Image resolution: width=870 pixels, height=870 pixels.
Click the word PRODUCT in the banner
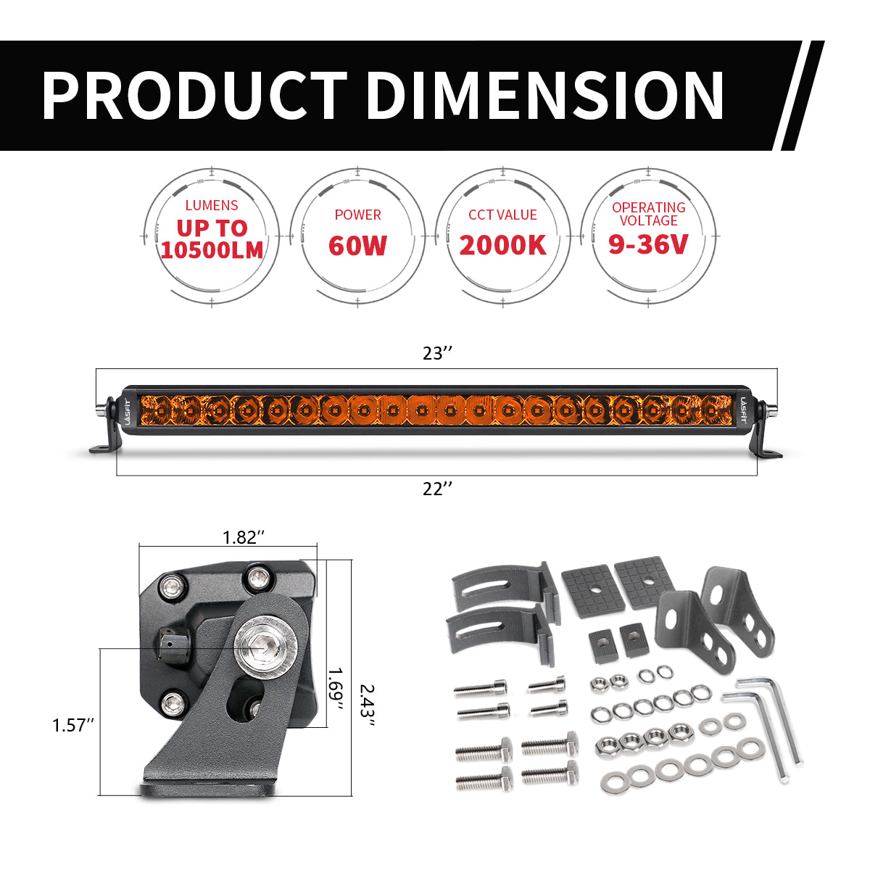[x=194, y=95]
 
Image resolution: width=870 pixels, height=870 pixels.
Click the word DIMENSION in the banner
[x=544, y=95]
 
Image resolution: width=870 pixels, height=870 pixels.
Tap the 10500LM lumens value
[x=212, y=250]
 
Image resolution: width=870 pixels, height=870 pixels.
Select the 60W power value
[x=357, y=246]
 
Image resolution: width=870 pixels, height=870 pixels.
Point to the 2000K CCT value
[x=502, y=246]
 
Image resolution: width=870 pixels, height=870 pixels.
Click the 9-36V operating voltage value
[x=648, y=244]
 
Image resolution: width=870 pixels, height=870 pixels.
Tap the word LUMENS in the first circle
[x=212, y=206]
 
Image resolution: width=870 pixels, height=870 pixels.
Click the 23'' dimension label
[x=437, y=354]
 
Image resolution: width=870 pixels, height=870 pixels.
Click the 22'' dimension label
[x=437, y=489]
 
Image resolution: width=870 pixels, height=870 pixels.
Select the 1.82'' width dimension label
[x=244, y=537]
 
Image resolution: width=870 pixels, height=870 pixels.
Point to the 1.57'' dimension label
[x=73, y=724]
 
